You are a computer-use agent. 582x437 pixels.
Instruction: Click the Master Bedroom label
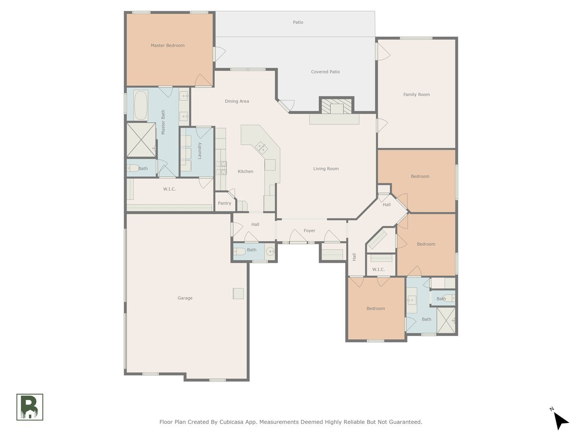168,45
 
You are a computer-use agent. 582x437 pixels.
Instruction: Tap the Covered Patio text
325,72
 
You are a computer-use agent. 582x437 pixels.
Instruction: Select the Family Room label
416,95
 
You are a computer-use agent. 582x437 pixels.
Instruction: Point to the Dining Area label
237,101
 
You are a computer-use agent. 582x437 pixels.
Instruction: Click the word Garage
185,298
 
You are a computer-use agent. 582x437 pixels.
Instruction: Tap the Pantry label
225,203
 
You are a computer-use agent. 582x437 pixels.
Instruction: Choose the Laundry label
200,151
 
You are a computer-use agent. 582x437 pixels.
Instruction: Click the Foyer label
309,231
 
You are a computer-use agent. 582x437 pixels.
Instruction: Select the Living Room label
326,168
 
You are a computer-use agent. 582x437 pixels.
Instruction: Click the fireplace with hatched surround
337,105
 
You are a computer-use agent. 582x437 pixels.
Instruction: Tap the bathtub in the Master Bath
141,105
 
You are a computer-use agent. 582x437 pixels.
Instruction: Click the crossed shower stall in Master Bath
141,140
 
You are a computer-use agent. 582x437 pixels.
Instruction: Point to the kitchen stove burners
221,168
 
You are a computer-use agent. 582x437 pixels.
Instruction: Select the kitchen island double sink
261,148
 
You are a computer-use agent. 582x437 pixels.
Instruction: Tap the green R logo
30,407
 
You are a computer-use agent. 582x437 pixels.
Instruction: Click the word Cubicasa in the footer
230,422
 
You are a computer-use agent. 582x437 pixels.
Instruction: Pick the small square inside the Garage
238,293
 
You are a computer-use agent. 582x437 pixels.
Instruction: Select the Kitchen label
245,171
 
